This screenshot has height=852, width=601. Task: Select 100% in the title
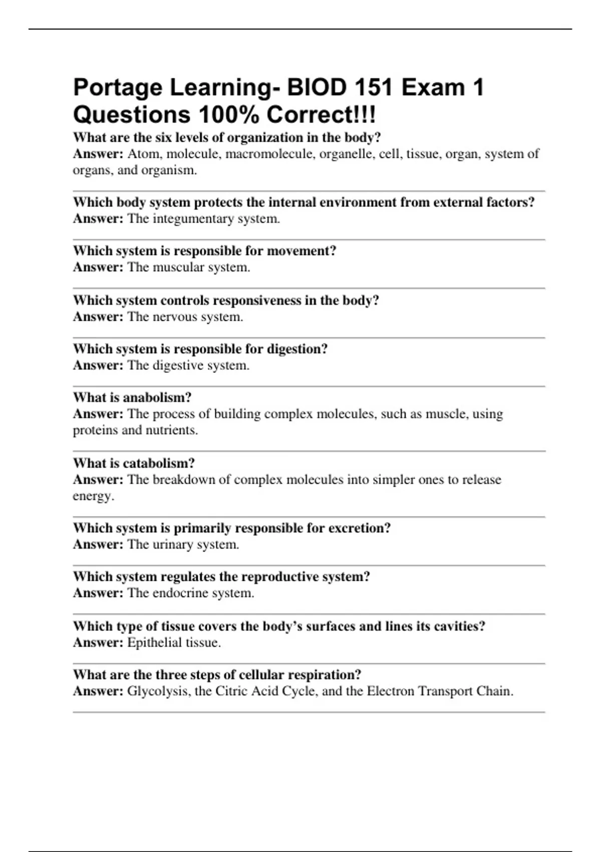[229, 115]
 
